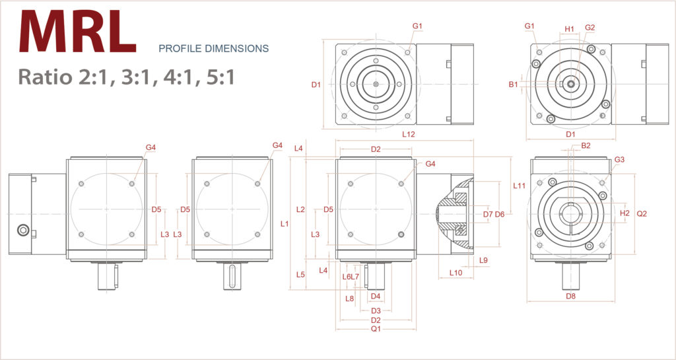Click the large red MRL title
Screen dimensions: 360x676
[78, 32]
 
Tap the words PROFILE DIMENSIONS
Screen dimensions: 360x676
[213, 48]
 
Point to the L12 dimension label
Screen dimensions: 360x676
[409, 134]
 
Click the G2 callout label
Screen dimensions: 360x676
[590, 28]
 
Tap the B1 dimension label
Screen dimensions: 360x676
[513, 84]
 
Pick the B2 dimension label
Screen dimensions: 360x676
[586, 145]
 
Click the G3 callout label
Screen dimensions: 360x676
[619, 160]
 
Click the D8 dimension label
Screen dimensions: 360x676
[571, 297]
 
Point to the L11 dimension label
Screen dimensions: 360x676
[520, 186]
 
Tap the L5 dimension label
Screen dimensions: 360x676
[300, 273]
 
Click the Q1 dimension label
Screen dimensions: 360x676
[376, 328]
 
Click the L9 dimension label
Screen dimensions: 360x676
[483, 260]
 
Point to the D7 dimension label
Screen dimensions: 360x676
[488, 214]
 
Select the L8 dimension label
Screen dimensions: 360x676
[350, 298]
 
